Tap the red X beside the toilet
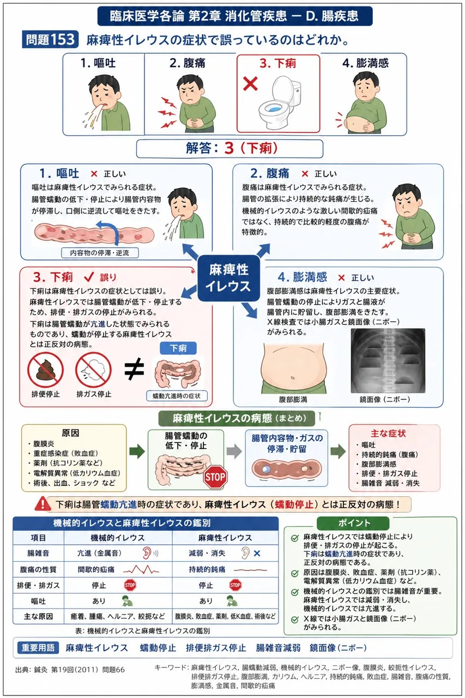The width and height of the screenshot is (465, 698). [x=250, y=83]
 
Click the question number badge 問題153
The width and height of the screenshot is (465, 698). [x=50, y=40]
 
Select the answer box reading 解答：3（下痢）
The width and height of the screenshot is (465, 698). [x=230, y=148]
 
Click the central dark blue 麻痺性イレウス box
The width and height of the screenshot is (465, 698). [x=228, y=278]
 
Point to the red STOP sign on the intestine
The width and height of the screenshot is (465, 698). [x=215, y=477]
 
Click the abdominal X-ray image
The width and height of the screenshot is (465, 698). [x=388, y=360]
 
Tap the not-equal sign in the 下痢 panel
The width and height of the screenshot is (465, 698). [x=134, y=369]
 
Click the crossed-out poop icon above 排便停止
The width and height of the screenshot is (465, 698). [x=45, y=370]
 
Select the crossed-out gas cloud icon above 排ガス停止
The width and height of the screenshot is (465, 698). [x=93, y=370]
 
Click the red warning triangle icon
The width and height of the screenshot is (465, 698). [x=43, y=504]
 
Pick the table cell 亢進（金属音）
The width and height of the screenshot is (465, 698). [x=99, y=553]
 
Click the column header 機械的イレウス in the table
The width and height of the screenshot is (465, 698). [x=118, y=538]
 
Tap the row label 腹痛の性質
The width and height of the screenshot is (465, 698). [x=38, y=569]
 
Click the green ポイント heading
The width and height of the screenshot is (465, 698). [x=353, y=523]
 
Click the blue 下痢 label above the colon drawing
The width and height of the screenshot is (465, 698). [x=178, y=348]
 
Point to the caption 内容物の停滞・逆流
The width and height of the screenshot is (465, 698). [x=100, y=252]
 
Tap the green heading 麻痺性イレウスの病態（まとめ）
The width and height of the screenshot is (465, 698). [x=237, y=418]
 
